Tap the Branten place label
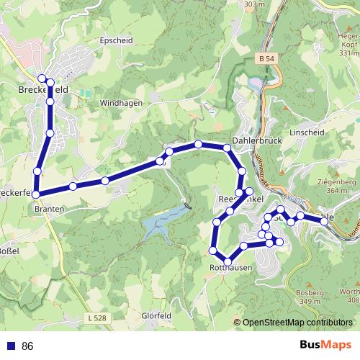pyautogui.click(x=49, y=208)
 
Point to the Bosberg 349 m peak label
pyautogui.click(x=311, y=296)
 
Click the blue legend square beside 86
pyautogui.click(x=9, y=346)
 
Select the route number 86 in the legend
pyautogui.click(x=27, y=346)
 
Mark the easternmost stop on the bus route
pyautogui.click(x=325, y=222)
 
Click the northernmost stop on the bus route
pyautogui.click(x=42, y=78)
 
